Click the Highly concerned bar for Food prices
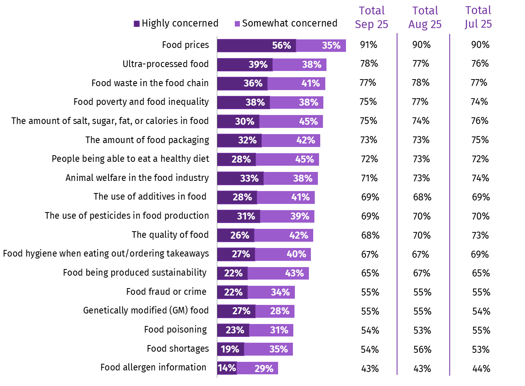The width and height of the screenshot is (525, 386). (x=256, y=46)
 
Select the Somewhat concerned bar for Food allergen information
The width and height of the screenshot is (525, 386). (x=257, y=368)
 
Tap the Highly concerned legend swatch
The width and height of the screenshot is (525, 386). (x=137, y=24)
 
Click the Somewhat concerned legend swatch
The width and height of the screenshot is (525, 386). (x=237, y=24)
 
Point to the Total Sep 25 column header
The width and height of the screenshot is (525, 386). (x=371, y=18)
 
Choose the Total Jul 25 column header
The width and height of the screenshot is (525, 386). (x=478, y=18)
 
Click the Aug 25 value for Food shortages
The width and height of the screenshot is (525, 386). (x=422, y=349)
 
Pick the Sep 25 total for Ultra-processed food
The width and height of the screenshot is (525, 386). (x=369, y=64)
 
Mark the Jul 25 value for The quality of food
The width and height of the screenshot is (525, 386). (x=480, y=235)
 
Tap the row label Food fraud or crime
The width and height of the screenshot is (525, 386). (x=166, y=292)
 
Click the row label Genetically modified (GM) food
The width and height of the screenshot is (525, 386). (x=146, y=310)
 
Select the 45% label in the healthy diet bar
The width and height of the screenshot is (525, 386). (x=304, y=159)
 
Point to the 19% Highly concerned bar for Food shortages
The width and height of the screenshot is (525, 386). (x=231, y=349)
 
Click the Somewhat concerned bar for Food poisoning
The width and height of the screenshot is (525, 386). (x=271, y=330)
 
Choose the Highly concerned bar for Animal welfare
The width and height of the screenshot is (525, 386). (x=240, y=178)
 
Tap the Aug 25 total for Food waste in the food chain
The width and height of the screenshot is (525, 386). (x=421, y=83)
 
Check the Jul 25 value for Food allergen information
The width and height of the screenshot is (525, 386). (x=481, y=368)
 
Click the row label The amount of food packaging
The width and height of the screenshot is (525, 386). (x=147, y=140)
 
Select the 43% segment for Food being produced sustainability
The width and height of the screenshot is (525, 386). (x=278, y=273)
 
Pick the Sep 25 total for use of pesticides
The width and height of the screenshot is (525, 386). (x=370, y=216)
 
